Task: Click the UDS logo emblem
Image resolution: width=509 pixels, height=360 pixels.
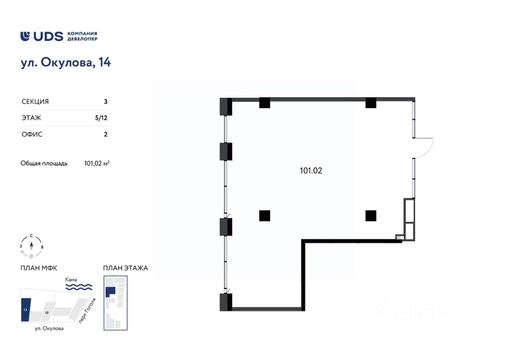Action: click(x=25, y=36)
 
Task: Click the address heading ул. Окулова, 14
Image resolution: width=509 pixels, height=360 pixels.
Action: click(x=66, y=63)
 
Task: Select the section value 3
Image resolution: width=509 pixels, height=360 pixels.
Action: click(x=105, y=101)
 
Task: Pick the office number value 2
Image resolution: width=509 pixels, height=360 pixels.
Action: click(x=105, y=134)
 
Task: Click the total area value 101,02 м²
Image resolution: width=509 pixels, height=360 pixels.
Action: click(x=97, y=163)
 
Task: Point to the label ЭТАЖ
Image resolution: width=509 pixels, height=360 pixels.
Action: click(x=31, y=118)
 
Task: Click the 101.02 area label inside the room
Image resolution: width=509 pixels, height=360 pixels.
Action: click(x=311, y=171)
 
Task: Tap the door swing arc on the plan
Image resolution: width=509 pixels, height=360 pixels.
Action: click(x=430, y=149)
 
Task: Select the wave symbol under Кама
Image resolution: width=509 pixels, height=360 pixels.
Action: click(x=79, y=287)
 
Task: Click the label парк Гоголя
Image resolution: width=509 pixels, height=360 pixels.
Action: click(x=87, y=310)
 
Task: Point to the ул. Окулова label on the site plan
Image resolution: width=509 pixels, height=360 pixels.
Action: click(x=49, y=329)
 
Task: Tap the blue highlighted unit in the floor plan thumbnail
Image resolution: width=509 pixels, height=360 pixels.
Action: click(x=110, y=291)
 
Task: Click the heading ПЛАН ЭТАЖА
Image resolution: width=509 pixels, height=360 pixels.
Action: click(x=125, y=268)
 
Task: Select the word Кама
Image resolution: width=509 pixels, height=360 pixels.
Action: click(x=72, y=280)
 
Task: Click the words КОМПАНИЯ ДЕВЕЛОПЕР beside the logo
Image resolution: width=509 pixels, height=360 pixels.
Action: click(x=82, y=36)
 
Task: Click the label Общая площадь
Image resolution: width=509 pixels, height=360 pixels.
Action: click(x=44, y=163)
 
